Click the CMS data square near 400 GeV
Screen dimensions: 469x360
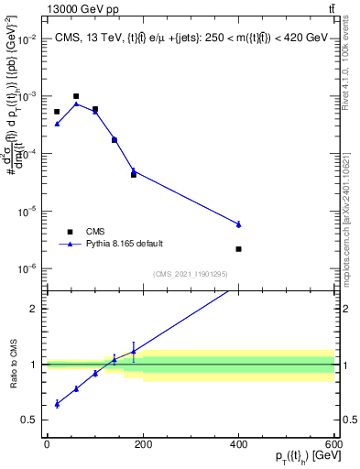click(238, 249)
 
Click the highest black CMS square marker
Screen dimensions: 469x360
click(76, 96)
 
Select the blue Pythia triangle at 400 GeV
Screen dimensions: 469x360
click(238, 224)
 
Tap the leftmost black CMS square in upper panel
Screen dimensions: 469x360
click(57, 112)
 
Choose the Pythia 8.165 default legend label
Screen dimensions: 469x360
click(124, 244)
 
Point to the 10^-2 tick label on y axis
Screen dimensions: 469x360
click(27, 39)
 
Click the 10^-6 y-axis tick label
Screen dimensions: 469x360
click(27, 268)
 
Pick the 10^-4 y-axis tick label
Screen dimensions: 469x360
click(27, 154)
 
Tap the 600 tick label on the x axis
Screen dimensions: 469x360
click(334, 444)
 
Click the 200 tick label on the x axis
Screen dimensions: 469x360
click(143, 444)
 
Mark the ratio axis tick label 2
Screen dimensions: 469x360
click(34, 309)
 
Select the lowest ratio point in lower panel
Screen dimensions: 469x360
click(57, 403)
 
